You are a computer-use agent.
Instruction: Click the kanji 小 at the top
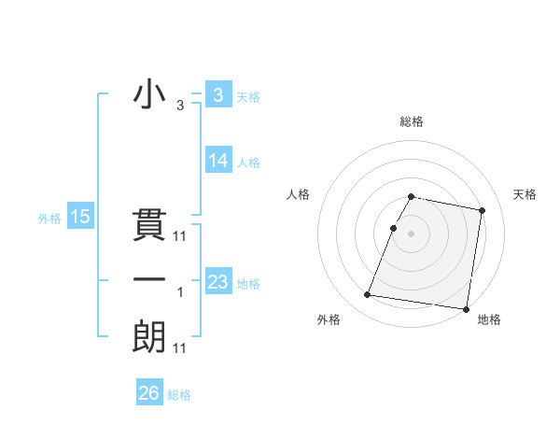148,95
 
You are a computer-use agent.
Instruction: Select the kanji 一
148,280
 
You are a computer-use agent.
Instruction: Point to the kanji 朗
148,337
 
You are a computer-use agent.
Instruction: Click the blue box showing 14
218,161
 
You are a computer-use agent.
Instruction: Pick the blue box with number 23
218,282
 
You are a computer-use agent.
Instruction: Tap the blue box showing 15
80,218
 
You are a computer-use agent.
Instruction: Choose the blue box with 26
149,393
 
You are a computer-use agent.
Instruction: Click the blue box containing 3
217,95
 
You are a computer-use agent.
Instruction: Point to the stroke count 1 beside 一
180,292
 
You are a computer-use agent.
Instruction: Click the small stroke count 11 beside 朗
180,348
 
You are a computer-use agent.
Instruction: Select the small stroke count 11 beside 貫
180,236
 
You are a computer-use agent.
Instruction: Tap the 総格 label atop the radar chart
412,122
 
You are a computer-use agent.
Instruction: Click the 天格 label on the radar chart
525,194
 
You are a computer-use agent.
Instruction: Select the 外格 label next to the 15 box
49,219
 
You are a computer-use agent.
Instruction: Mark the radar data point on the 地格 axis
465,308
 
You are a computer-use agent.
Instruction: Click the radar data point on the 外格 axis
368,295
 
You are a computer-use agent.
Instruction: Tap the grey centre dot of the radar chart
412,234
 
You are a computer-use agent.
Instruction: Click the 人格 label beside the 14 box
248,162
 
